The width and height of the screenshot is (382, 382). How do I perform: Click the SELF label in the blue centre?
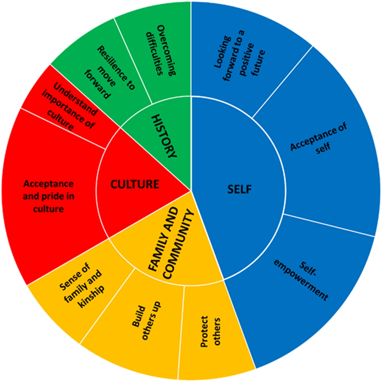tap(239, 189)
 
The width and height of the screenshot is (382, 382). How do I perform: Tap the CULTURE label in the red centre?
tap(135, 184)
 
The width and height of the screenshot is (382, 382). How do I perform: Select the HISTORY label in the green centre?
tap(164, 136)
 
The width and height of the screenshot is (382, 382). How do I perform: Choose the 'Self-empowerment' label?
tap(301, 281)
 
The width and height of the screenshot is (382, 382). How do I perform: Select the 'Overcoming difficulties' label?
tap(160, 50)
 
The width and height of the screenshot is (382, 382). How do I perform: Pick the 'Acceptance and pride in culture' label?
tap(49, 196)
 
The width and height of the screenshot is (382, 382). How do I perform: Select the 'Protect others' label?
tap(210, 331)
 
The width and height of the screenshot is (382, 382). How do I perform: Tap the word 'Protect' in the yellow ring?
tap(204, 331)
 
